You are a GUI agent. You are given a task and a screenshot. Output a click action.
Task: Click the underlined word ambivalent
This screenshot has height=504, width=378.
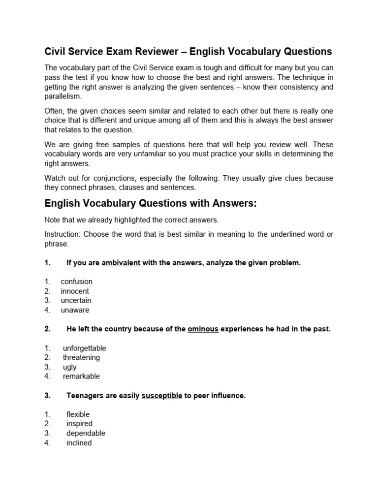(x=121, y=263)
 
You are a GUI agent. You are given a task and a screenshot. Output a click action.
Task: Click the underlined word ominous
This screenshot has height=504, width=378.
(x=203, y=329)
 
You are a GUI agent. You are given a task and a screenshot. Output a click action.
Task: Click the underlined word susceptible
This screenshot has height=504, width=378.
(x=162, y=396)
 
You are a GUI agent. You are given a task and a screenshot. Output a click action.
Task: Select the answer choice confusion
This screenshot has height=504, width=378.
(x=76, y=282)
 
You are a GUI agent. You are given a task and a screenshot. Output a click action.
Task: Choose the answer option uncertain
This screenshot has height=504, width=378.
(x=76, y=300)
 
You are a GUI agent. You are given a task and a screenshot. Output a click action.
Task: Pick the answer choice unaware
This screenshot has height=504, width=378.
(x=75, y=310)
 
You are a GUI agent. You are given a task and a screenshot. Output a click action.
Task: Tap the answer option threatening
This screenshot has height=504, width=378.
(x=81, y=357)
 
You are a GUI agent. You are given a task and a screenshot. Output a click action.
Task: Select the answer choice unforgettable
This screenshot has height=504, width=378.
(x=84, y=348)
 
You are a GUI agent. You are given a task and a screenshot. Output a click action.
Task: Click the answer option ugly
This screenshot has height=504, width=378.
(x=70, y=367)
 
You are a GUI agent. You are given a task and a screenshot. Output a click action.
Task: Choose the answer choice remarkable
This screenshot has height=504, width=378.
(x=81, y=376)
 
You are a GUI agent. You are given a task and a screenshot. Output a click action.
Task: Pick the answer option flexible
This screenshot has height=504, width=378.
(x=78, y=414)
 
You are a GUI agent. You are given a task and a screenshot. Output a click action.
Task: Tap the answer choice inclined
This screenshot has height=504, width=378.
(x=79, y=442)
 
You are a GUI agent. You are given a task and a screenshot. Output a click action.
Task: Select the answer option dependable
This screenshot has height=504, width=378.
(x=86, y=433)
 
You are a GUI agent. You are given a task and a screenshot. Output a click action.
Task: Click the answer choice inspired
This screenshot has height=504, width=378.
(x=79, y=423)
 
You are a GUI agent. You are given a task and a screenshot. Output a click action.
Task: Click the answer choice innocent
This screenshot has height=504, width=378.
(x=75, y=291)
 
